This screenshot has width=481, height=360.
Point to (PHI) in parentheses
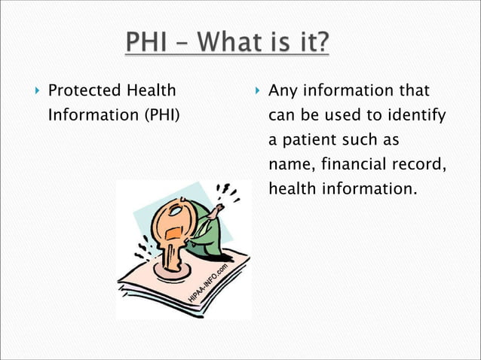[x=161, y=117]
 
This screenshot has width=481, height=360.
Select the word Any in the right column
[x=284, y=92]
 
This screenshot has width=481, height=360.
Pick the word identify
[x=415, y=117]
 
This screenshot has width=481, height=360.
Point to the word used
[x=346, y=117]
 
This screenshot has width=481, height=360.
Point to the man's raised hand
[x=216, y=213]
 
